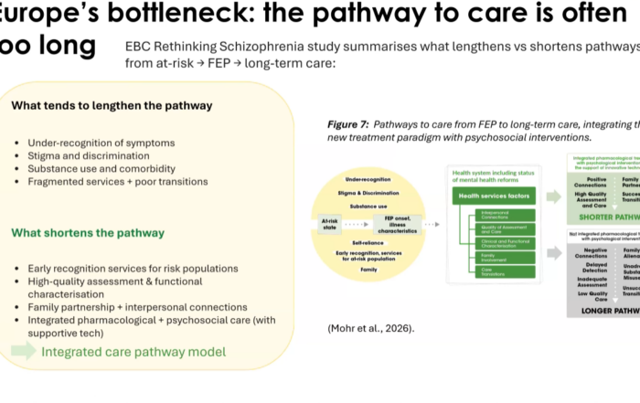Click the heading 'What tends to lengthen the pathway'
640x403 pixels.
pos(112,105)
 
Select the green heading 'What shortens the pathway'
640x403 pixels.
pos(88,233)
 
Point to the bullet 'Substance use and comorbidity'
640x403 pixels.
pos(101,168)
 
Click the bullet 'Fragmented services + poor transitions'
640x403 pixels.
pos(118,181)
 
